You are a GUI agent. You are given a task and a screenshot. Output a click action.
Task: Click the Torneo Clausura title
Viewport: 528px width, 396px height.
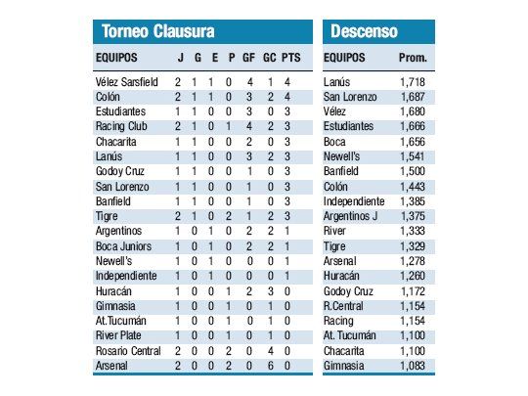pyautogui.click(x=158, y=31)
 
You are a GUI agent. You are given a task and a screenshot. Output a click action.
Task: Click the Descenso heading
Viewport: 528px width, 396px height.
pyautogui.click(x=364, y=31)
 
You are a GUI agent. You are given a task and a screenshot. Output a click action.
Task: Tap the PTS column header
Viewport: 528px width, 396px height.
pyautogui.click(x=290, y=58)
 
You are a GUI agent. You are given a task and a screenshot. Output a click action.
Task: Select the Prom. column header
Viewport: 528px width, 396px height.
pyautogui.click(x=413, y=58)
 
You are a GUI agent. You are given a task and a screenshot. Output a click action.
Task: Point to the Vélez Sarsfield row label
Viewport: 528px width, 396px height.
pyautogui.click(x=120, y=82)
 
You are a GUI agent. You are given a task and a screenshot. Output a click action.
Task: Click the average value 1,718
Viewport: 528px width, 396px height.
pyautogui.click(x=413, y=82)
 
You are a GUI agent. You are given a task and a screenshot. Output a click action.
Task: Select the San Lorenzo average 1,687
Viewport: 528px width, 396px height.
pyautogui.click(x=413, y=97)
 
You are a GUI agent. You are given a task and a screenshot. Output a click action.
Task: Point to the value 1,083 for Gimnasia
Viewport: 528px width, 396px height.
pyautogui.click(x=413, y=365)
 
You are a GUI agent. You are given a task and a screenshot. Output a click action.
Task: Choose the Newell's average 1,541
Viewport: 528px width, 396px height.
pyautogui.click(x=413, y=156)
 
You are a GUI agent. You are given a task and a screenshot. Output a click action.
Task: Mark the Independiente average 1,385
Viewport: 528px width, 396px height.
pyautogui.click(x=413, y=201)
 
